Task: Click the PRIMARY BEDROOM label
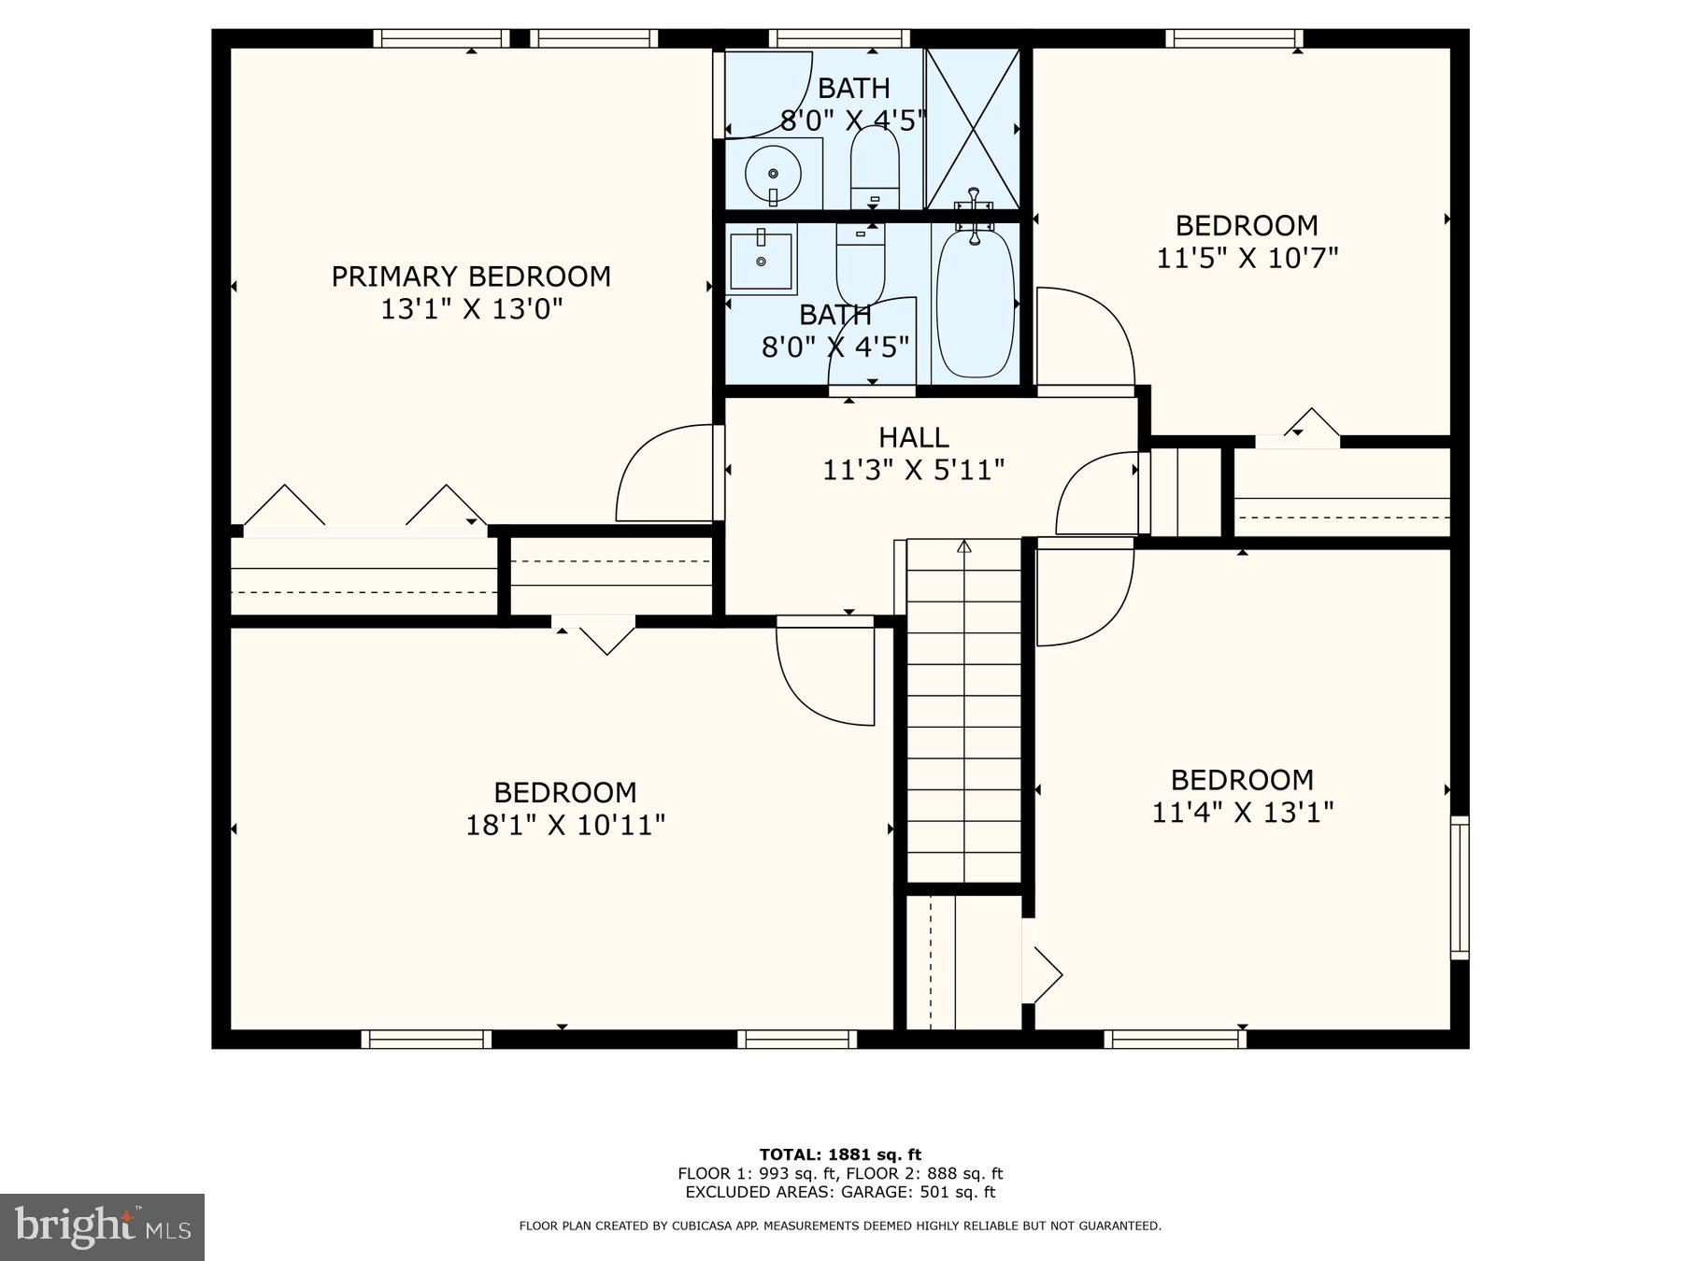point(471,276)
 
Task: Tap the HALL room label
point(913,437)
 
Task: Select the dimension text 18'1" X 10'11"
point(565,825)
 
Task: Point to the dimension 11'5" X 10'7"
point(1247,257)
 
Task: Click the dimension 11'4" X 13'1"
point(1242,812)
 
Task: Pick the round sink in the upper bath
point(773,174)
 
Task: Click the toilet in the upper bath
point(875,168)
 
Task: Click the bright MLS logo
point(102,1226)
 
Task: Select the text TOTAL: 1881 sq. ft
point(840,1155)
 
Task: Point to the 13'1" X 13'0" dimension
point(471,309)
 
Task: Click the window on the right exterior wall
point(1460,887)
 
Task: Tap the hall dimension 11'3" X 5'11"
point(913,470)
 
